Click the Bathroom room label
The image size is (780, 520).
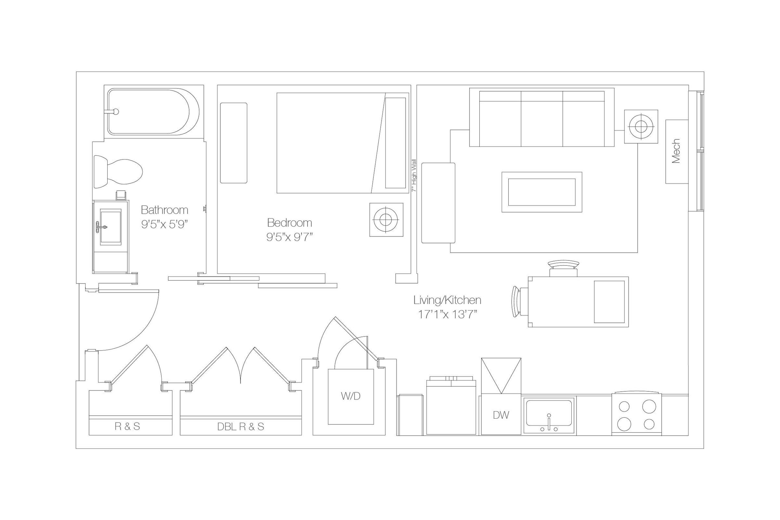click(x=164, y=210)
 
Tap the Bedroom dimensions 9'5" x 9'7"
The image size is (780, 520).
click(x=290, y=237)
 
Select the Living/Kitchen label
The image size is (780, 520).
click(x=447, y=300)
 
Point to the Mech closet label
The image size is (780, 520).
click(x=676, y=151)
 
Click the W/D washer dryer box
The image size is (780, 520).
click(x=351, y=396)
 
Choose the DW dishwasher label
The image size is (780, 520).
click(x=500, y=415)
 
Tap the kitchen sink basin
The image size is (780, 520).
click(x=549, y=412)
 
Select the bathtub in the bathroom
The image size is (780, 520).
click(x=153, y=111)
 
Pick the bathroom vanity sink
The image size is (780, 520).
click(x=110, y=227)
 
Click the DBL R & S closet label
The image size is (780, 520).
click(x=240, y=427)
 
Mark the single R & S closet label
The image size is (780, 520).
click(x=127, y=426)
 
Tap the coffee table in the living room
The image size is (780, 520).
click(x=541, y=192)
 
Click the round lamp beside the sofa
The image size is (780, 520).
click(x=641, y=126)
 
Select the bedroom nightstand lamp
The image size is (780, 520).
click(x=386, y=220)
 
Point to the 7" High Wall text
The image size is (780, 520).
click(x=414, y=175)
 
